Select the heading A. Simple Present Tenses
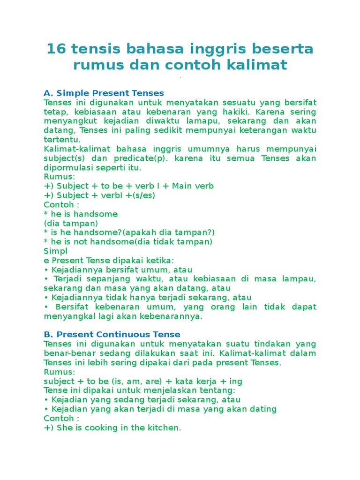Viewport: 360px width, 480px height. point(104,93)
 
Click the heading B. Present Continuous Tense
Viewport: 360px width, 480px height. point(112,334)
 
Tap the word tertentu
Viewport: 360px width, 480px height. point(62,139)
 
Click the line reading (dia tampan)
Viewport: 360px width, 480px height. point(71,223)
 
